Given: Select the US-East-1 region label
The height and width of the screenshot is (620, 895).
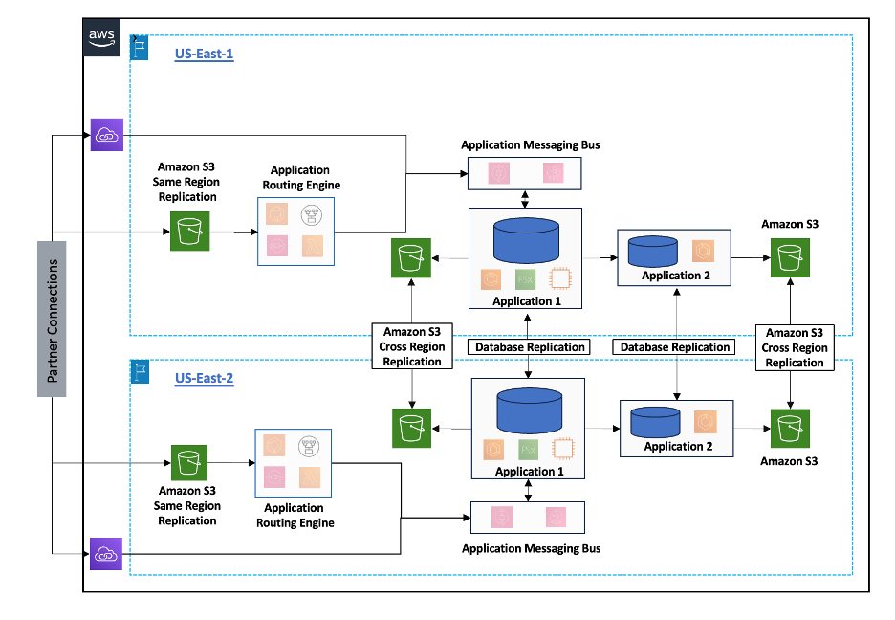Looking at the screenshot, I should (205, 55).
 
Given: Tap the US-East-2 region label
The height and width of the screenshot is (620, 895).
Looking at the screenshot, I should (205, 378).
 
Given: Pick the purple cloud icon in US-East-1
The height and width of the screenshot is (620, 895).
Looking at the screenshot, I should (107, 135).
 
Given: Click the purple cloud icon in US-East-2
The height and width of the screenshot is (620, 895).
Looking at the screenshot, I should (107, 553).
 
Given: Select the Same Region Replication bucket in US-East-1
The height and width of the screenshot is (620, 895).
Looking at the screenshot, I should (189, 232).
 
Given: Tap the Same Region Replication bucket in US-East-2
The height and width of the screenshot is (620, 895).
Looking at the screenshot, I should (189, 463).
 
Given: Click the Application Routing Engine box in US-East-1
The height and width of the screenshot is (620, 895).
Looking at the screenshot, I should (295, 232).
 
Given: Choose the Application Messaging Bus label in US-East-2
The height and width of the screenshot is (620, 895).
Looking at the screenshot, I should (531, 549).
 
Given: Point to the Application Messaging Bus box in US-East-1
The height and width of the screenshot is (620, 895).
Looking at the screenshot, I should (524, 173).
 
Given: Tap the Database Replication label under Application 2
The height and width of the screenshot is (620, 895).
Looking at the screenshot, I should (674, 347).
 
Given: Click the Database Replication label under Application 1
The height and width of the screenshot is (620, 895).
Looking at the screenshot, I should (529, 347).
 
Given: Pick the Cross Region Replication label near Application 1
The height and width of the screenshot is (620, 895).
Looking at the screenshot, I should (412, 346).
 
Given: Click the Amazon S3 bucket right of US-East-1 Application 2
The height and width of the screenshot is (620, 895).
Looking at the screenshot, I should (790, 257).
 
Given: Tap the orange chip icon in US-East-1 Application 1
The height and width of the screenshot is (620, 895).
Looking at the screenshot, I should (560, 280).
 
